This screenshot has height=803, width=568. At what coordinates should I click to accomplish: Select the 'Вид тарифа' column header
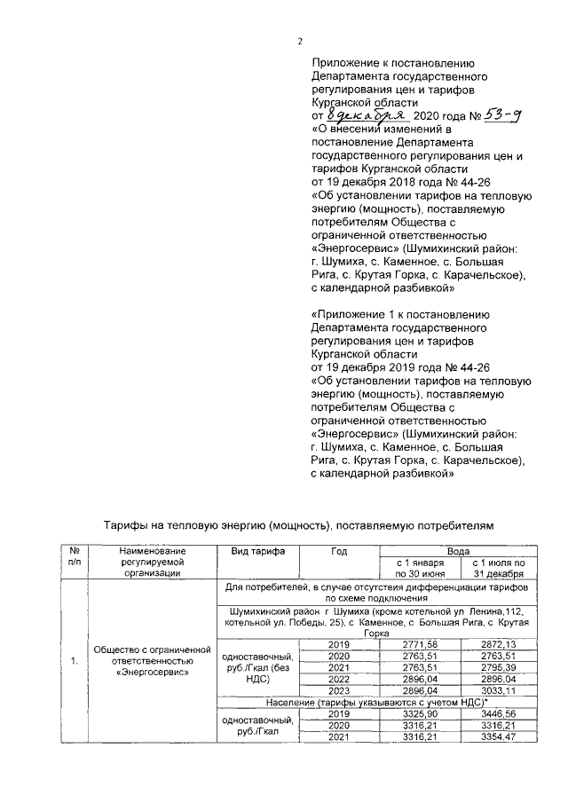(258, 551)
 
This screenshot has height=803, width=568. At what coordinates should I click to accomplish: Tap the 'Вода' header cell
(456, 551)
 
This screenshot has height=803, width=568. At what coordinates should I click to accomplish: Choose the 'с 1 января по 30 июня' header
(417, 568)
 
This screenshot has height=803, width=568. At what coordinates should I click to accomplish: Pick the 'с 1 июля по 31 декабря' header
(500, 568)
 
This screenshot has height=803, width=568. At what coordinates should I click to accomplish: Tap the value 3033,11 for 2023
(500, 690)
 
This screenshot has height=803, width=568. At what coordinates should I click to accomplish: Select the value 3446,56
(500, 714)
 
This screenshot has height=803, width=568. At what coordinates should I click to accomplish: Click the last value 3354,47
(500, 737)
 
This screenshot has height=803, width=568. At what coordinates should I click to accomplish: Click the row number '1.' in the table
(74, 661)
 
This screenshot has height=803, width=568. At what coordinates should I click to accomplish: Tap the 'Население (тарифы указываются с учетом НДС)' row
(376, 702)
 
